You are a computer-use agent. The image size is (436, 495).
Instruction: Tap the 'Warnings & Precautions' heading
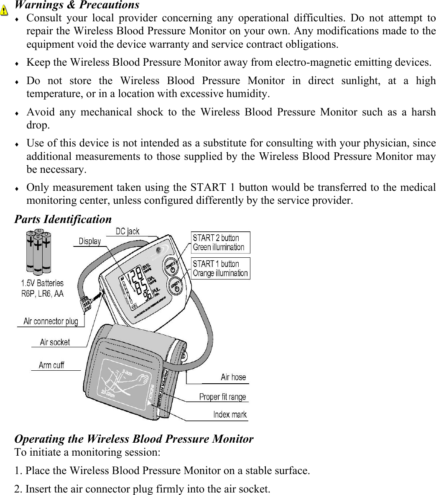[x=77, y=5]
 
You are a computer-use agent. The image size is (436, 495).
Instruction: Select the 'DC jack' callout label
[x=127, y=231]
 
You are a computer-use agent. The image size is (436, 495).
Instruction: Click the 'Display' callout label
[x=90, y=241]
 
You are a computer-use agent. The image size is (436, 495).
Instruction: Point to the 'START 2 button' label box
[x=220, y=242]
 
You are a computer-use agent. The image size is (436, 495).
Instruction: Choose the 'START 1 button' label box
[x=220, y=268]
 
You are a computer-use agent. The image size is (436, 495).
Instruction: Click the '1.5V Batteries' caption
[x=43, y=284]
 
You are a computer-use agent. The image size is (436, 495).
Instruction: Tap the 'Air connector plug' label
[x=51, y=321]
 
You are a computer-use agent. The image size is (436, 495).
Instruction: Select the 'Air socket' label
[x=55, y=342]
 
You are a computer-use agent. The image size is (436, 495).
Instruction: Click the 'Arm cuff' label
[x=51, y=365]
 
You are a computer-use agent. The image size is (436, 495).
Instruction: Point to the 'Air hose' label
[x=233, y=377]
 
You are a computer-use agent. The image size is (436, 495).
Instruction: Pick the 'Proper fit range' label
[x=222, y=396]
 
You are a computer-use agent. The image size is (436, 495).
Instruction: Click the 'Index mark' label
[x=230, y=414]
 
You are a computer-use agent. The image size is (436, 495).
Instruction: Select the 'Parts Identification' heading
[x=63, y=219]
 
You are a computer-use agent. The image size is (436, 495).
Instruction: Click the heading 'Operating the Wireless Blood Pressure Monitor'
[x=134, y=439]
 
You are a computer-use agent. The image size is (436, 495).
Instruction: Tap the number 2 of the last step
[x=17, y=488]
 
